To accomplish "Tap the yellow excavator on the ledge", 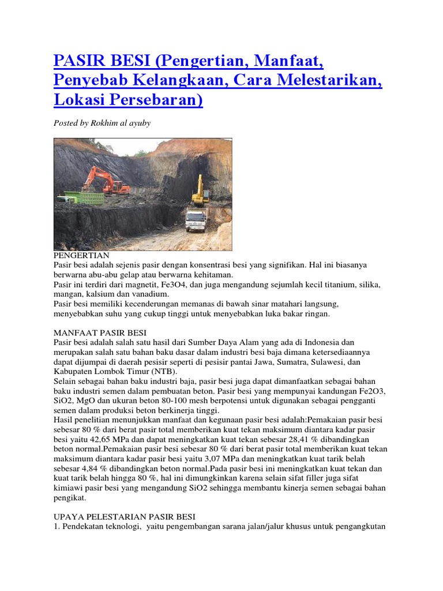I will [x=200, y=192].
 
